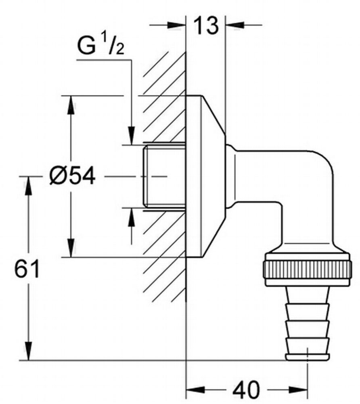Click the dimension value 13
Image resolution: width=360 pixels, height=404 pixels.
206,25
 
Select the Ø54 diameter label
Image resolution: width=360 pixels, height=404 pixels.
72,176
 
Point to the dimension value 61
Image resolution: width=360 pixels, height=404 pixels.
27,268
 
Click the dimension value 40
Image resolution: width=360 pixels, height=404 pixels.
246,389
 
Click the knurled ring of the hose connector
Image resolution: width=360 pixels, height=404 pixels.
307,270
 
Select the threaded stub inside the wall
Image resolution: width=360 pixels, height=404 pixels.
165,177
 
